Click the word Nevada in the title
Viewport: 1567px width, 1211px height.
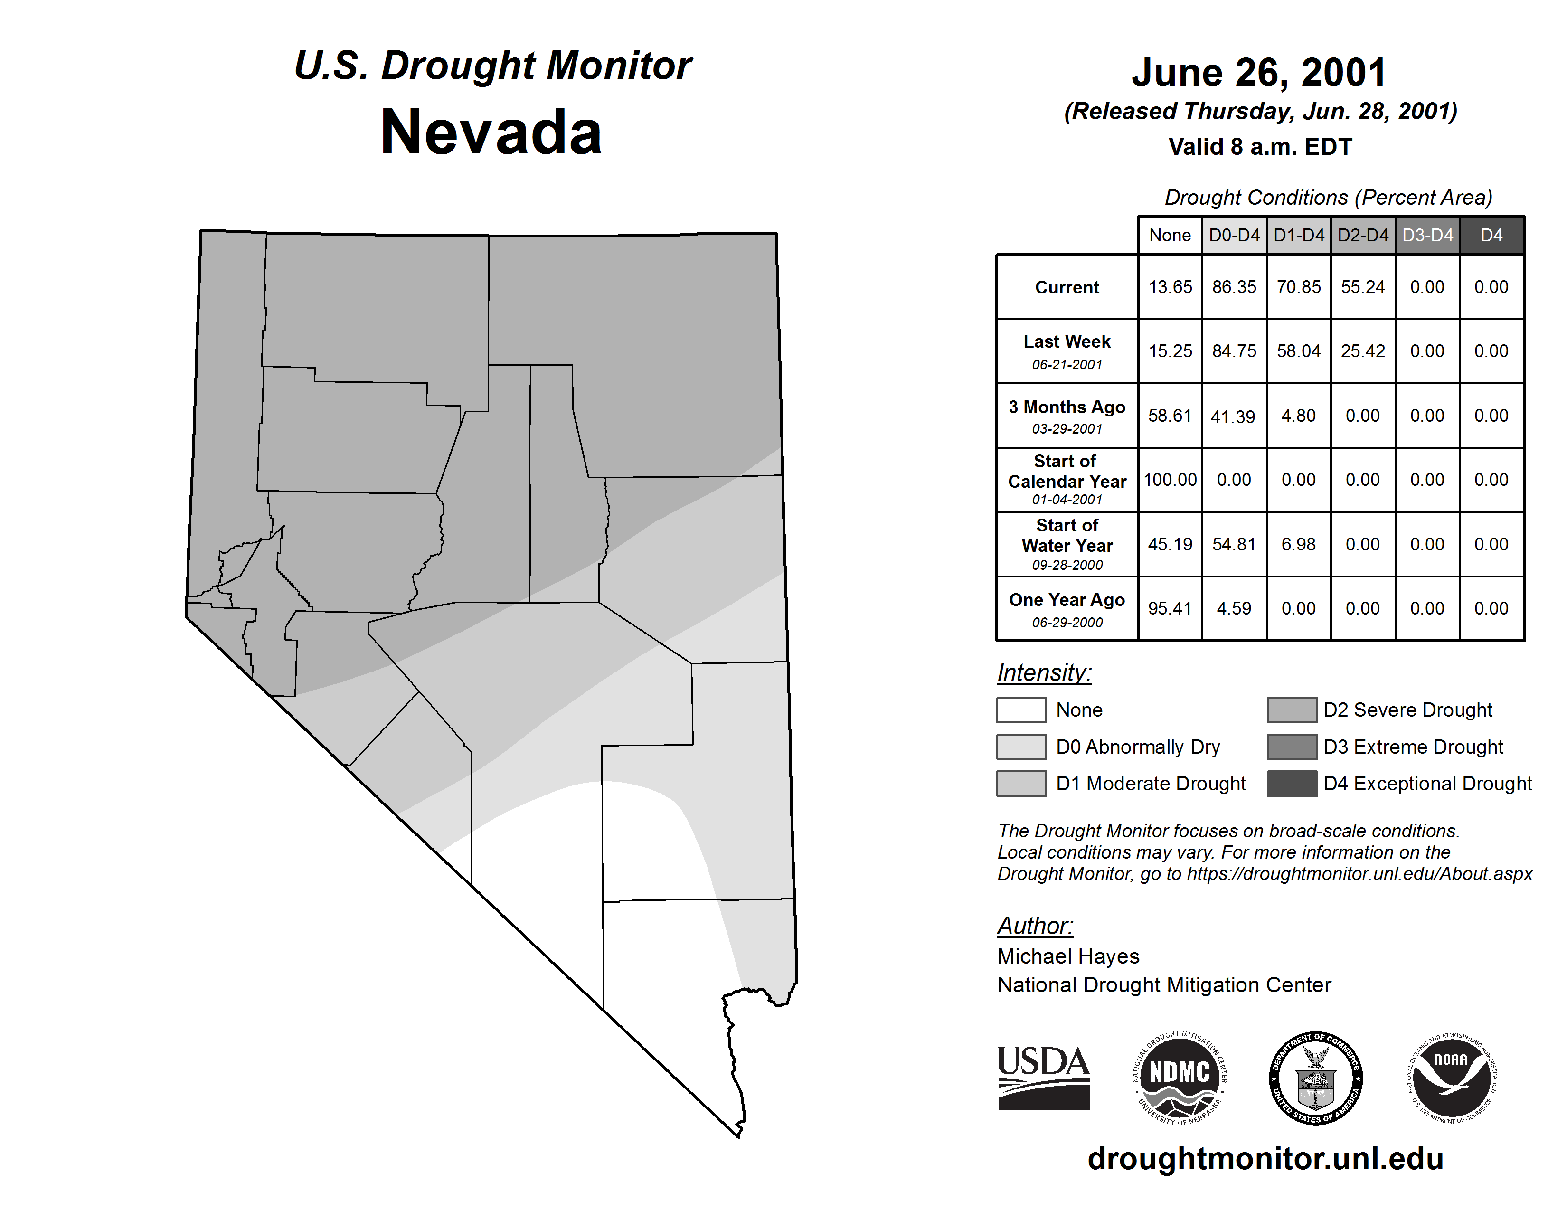click(491, 132)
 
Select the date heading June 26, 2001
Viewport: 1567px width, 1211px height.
click(1259, 73)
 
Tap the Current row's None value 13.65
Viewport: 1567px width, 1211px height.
click(1170, 287)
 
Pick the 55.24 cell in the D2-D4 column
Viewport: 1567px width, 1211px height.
click(1362, 287)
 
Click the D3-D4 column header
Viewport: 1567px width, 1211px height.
click(1427, 235)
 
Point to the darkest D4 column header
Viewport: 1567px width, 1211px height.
click(1491, 235)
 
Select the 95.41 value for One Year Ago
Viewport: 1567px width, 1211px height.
click(1170, 608)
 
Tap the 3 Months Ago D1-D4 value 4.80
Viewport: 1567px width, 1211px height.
click(1298, 416)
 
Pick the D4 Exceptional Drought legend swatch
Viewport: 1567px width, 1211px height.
click(1292, 784)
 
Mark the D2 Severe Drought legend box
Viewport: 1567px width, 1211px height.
click(1292, 710)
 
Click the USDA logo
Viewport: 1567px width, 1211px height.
click(1043, 1078)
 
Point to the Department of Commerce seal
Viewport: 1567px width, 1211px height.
click(1316, 1078)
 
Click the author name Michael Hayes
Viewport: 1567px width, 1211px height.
click(1067, 956)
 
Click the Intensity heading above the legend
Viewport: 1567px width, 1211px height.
click(1044, 673)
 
